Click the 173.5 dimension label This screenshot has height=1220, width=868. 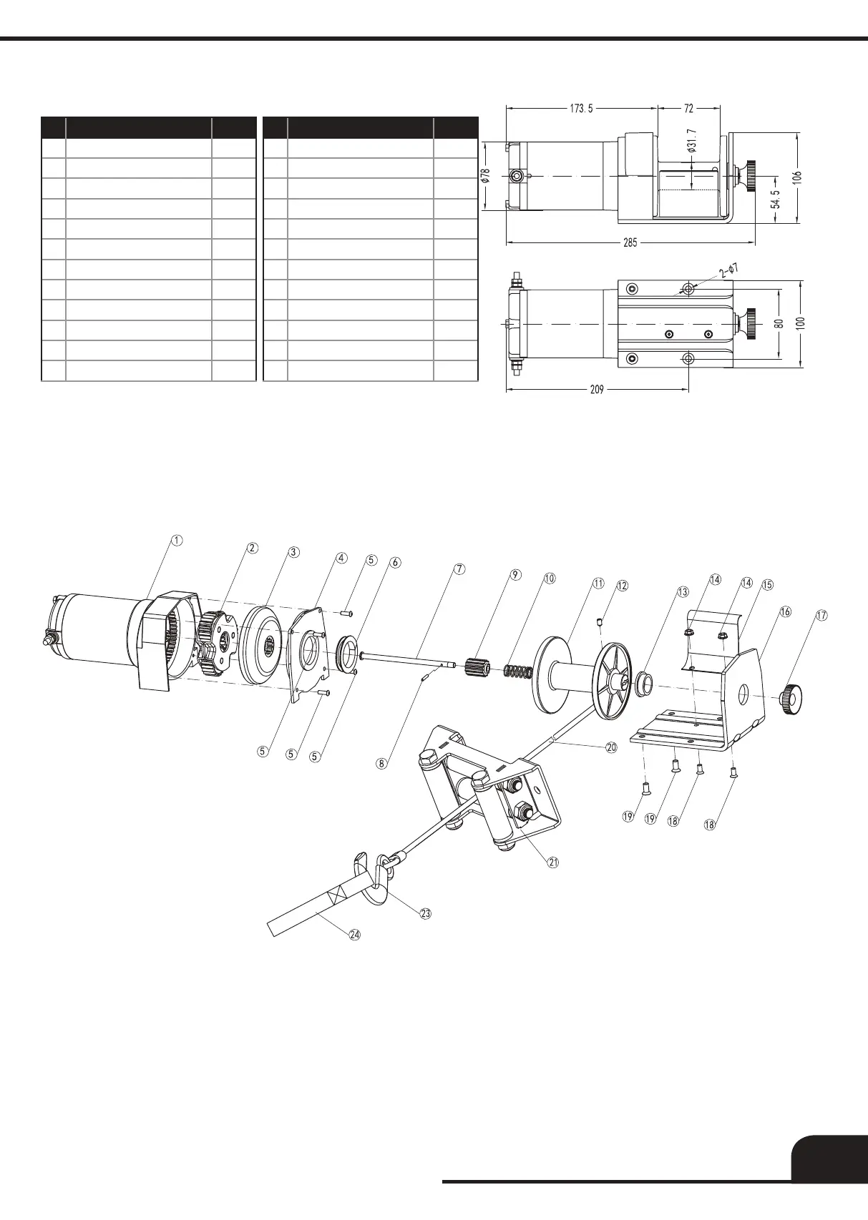[580, 109]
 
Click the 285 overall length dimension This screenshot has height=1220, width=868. [630, 242]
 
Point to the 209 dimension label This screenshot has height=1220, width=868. [597, 390]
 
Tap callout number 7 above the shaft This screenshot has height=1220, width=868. [459, 569]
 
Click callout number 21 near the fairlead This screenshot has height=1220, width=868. [553, 862]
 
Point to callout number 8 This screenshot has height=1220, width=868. [382, 763]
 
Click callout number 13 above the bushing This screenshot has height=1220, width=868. [683, 592]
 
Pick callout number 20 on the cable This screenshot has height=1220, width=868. [611, 747]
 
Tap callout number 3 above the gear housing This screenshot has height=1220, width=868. [293, 552]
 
